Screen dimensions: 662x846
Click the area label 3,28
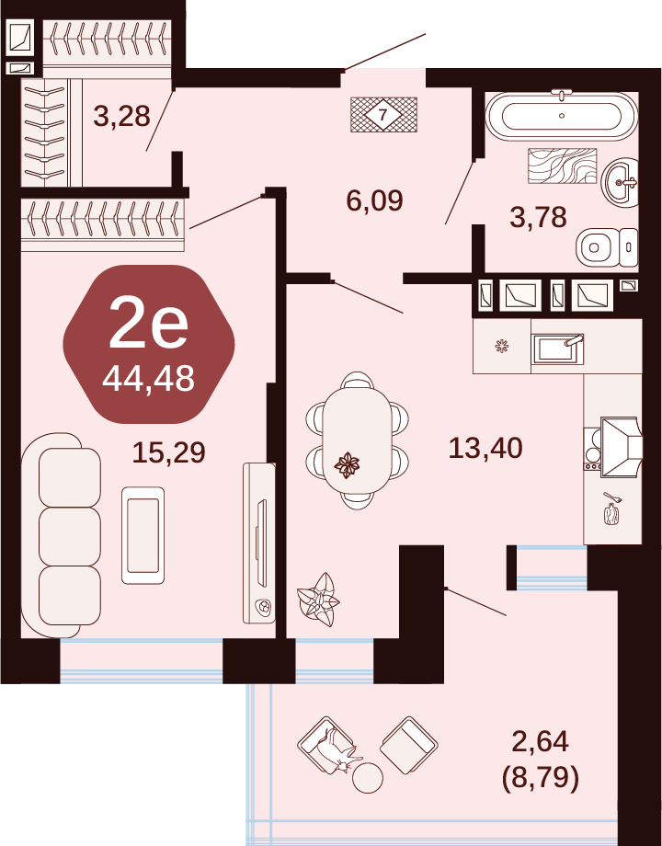(121, 116)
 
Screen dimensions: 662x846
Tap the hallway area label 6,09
(374, 200)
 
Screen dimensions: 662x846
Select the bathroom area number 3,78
(538, 217)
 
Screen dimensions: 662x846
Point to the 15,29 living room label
(169, 452)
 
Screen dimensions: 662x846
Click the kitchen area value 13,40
(485, 448)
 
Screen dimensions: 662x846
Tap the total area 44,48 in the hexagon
(148, 379)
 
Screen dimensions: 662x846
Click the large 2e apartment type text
(148, 324)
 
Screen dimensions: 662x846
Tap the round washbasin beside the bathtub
(620, 182)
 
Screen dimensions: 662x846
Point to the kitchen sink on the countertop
(557, 349)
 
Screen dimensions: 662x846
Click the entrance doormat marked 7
(383, 114)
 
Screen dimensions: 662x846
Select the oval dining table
(357, 440)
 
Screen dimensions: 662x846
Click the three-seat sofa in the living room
(62, 536)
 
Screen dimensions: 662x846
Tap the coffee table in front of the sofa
(143, 535)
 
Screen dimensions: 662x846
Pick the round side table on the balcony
(368, 777)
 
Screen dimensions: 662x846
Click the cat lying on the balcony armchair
(338, 751)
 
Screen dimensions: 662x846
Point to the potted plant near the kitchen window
(318, 600)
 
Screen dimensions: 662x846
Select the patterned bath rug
(562, 166)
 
